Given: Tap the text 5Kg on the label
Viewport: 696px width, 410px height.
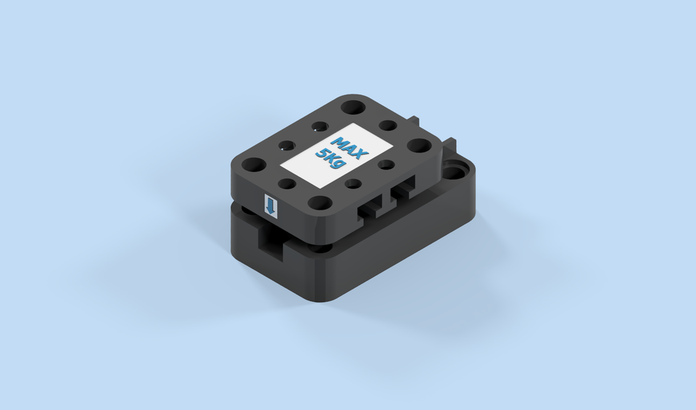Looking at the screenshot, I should point(333,161).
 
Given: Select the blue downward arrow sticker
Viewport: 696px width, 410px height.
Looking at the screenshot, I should point(270,207).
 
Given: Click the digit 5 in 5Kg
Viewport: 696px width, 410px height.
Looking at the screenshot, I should point(322,153).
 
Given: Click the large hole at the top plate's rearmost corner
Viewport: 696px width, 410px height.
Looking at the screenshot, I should point(353,107).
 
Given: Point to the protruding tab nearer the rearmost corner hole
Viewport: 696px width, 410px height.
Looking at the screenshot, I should point(415,119).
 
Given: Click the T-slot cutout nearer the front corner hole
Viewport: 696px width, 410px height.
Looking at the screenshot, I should point(371,208).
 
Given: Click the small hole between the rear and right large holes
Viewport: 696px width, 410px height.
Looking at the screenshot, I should point(388,126).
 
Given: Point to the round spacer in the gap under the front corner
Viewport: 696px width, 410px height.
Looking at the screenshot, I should point(318,248).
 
